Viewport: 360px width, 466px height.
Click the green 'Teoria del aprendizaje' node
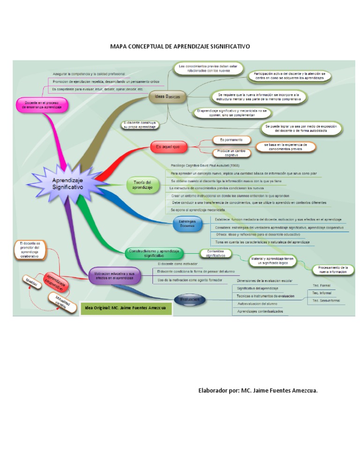[140, 185]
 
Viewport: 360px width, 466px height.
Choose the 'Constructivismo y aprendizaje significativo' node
[154, 253]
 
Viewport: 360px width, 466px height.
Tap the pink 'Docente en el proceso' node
[42, 105]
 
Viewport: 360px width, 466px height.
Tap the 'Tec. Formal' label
[322, 286]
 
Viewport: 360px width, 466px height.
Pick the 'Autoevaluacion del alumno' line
[257, 304]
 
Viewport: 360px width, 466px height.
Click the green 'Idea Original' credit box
[127, 308]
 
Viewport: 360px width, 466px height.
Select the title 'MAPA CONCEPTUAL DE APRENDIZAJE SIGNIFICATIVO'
[180, 47]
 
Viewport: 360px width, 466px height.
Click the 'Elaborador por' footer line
[258, 390]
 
